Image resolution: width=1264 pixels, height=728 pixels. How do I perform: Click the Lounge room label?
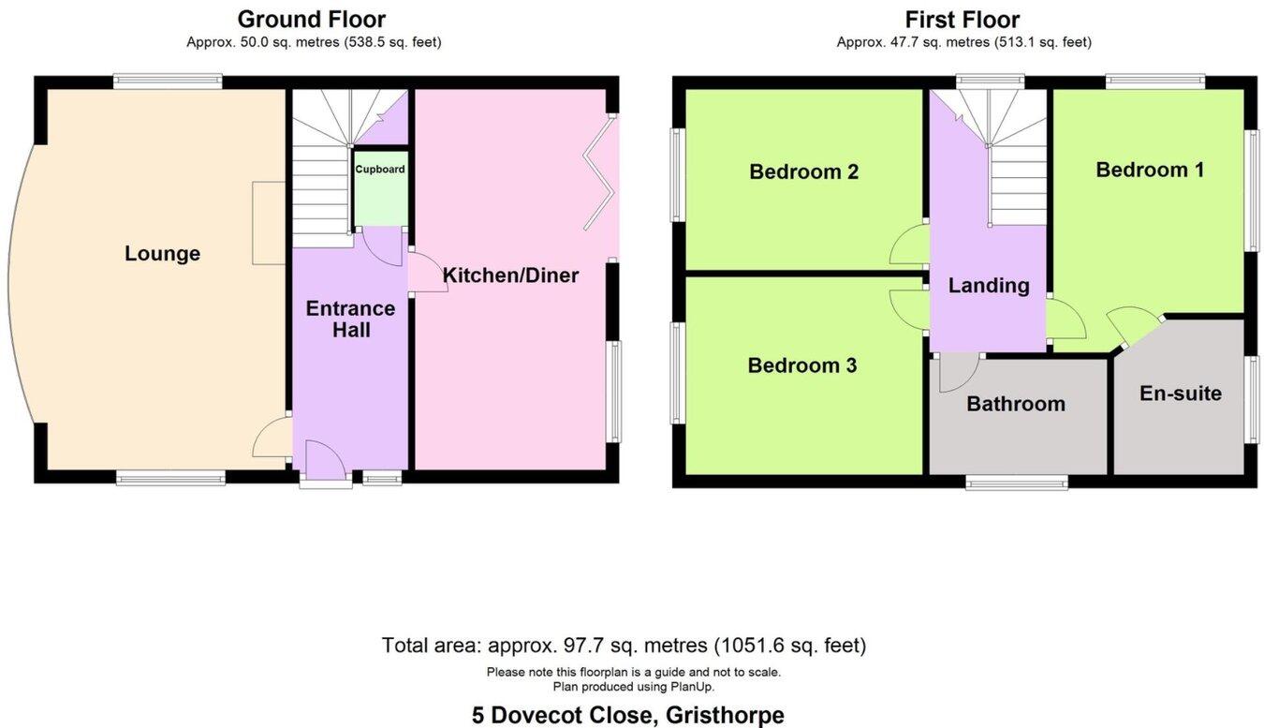[x=162, y=254]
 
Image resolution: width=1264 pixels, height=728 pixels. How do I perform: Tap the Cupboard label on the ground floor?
[x=379, y=170]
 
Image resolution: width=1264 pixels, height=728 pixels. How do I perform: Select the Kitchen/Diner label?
[x=510, y=275]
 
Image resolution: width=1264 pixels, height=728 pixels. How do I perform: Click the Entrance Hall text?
[x=350, y=319]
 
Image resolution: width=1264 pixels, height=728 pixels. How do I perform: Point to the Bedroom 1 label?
[x=1150, y=170]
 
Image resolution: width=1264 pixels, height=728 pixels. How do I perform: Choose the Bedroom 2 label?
[x=803, y=171]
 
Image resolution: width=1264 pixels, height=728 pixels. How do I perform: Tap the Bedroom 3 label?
[x=801, y=365]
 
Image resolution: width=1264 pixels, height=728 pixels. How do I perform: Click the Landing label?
[x=989, y=286]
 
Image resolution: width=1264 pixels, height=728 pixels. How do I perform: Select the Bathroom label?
[x=1016, y=404]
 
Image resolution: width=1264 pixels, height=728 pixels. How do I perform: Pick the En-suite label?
[x=1180, y=394]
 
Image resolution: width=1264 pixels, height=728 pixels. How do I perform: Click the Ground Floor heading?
[x=311, y=19]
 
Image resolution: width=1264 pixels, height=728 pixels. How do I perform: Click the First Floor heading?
[x=962, y=19]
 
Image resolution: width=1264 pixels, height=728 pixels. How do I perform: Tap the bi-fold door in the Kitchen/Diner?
[x=599, y=173]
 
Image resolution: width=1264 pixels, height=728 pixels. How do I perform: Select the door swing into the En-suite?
[x=1134, y=323]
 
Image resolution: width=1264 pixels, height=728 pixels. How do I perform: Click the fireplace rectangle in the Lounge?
[x=269, y=223]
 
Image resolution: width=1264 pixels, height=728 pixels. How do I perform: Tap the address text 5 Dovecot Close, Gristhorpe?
[x=627, y=715]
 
